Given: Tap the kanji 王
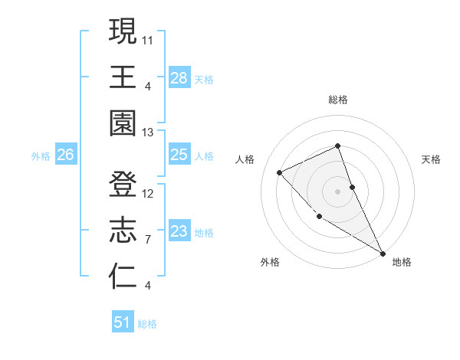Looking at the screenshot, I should coord(123,77).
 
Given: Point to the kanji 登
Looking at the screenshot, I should coord(123,185).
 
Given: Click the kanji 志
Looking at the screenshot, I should coord(123,231).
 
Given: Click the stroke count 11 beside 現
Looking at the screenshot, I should coord(148,38).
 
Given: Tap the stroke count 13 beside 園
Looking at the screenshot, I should coord(148,132).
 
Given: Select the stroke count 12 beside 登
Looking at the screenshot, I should coord(148,193).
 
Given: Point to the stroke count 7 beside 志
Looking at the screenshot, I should coord(148,240).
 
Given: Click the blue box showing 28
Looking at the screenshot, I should coord(179,77).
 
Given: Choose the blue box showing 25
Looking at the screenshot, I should coord(179,155).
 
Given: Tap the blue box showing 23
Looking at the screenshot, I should coord(179,231).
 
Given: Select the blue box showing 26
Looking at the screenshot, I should coord(65,155).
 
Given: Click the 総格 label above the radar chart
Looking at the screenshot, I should coord(337,100).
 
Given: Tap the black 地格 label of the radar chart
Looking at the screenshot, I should coord(402,262).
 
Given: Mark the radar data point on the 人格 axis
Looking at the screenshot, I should coord(280,172).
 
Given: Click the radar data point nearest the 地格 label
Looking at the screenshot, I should coord(383,253).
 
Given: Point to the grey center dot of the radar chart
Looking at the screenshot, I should coord(337,191).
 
